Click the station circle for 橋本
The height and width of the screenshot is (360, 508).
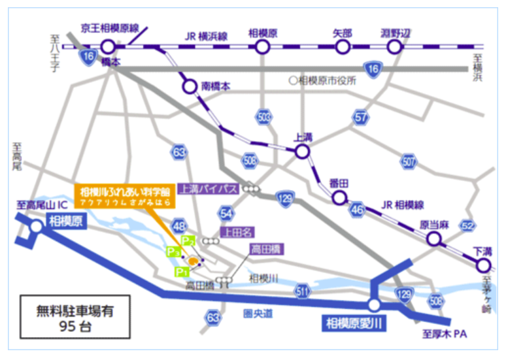(108, 46)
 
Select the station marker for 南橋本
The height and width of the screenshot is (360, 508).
(190, 86)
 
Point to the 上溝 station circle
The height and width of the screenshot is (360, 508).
(301, 152)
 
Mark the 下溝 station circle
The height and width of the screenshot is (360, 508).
(483, 265)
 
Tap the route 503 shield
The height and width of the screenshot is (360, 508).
(263, 116)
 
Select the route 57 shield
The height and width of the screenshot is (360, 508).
(361, 117)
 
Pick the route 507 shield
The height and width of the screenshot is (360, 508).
(409, 161)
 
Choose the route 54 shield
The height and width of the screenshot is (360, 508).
(226, 213)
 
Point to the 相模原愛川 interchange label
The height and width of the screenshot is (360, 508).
(354, 321)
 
